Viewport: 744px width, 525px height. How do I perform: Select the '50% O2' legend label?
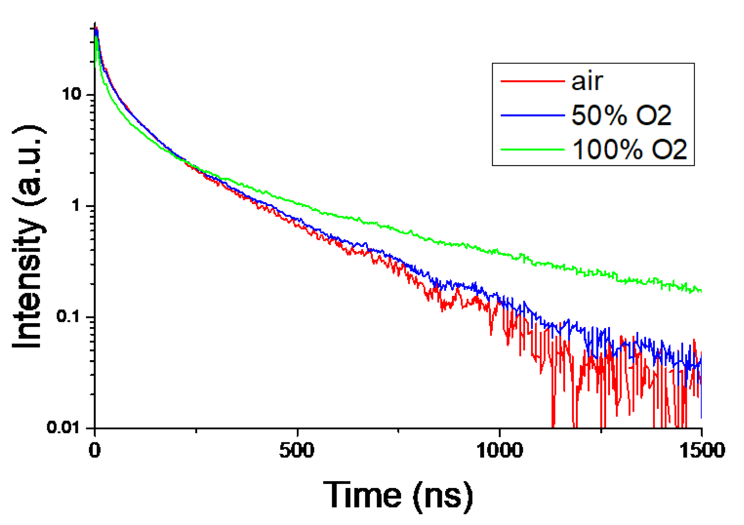(621, 115)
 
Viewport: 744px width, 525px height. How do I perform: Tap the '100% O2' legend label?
(629, 149)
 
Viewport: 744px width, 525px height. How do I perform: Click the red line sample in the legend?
(532, 81)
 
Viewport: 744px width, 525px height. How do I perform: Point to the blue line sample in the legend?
(532, 115)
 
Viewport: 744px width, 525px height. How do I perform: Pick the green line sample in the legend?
(532, 149)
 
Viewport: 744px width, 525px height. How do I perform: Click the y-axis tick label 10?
(71, 94)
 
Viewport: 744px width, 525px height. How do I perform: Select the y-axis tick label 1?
(76, 205)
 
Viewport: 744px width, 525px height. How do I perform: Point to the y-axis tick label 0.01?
(63, 427)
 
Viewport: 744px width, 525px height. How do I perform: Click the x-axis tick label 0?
(94, 450)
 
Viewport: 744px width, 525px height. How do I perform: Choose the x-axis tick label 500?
(297, 450)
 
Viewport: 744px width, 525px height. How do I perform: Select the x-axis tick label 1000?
(499, 450)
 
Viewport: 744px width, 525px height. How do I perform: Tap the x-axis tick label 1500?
(702, 450)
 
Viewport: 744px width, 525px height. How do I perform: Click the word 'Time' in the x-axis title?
(362, 495)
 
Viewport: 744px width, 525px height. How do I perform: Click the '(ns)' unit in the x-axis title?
(443, 496)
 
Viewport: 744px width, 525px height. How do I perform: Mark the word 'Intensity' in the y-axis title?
(28, 282)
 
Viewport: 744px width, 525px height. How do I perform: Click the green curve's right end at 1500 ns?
(701, 290)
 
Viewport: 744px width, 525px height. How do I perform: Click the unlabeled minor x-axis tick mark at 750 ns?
(398, 431)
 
